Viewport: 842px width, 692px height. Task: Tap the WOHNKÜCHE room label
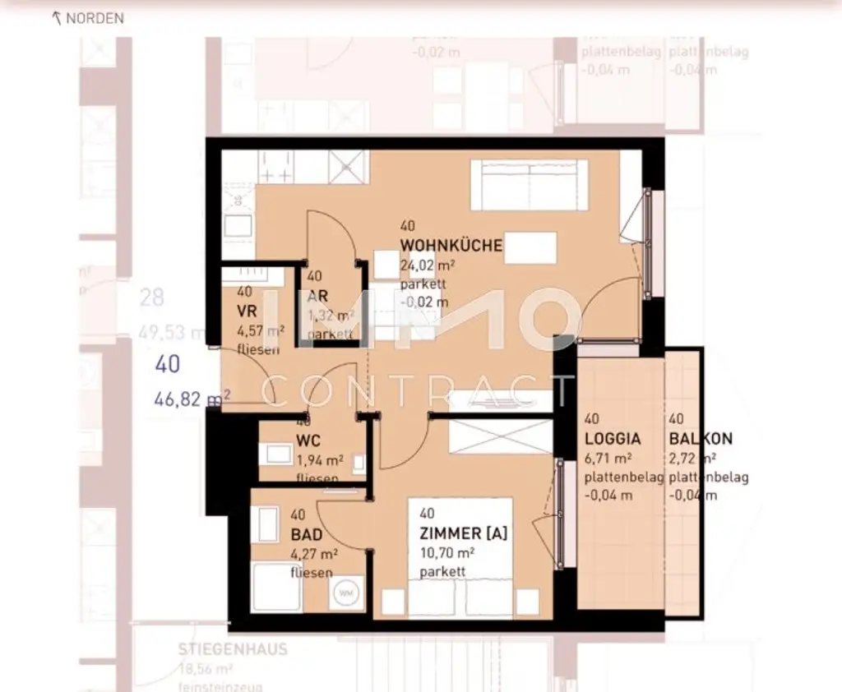point(451,246)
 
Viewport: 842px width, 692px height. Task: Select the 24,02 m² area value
point(428,265)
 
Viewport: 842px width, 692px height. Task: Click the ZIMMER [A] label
point(463,533)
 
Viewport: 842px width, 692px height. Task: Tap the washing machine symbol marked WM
point(345,593)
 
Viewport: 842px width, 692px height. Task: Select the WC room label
point(308,440)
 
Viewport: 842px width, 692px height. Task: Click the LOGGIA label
point(613,439)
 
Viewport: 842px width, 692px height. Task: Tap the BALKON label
point(701,439)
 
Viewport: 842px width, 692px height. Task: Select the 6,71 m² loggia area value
point(608,458)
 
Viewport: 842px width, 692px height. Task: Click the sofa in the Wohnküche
point(529,184)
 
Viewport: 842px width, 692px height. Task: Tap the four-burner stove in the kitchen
point(277,168)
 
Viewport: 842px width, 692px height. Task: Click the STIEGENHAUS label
point(233,649)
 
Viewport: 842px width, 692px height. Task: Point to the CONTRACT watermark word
point(420,390)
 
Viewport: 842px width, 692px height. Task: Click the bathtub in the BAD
point(276,587)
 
